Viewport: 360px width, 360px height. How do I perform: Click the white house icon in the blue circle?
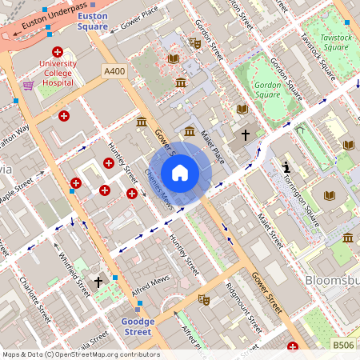tap(180, 172)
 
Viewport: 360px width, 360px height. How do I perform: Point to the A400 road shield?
tap(114, 72)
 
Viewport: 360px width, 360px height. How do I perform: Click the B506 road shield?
tap(343, 345)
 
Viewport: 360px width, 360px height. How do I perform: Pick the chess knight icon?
tap(287, 168)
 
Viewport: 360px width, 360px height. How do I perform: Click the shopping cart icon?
tap(29, 86)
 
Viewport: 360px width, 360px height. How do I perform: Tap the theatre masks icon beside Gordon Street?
tap(194, 42)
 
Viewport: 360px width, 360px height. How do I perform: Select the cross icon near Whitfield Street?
tap(98, 282)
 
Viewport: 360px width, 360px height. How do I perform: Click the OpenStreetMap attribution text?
tap(80, 354)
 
